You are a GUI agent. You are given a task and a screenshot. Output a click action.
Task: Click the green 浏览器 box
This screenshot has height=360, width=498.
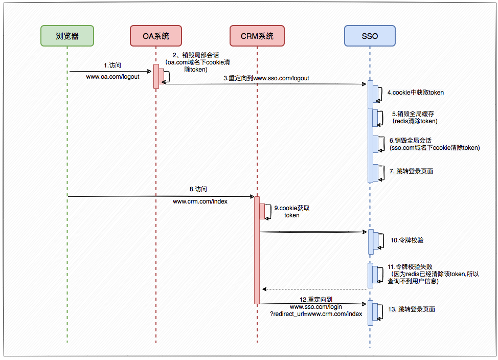coord(67,36)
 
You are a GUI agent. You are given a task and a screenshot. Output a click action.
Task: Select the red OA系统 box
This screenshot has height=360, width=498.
coord(155,36)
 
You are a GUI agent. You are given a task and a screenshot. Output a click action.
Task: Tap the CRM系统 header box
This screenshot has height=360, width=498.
coord(257,36)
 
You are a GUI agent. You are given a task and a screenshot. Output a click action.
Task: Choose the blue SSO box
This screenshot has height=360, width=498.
coord(370,36)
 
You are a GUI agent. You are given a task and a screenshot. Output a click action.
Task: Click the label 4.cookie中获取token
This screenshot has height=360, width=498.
coord(415,93)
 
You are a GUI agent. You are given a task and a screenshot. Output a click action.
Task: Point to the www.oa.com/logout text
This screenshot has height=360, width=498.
coord(112,77)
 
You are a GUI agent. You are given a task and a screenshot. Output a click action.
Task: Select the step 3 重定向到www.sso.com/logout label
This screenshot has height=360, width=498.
coord(266,78)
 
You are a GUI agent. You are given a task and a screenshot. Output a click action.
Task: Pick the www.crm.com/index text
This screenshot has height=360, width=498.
coord(200,201)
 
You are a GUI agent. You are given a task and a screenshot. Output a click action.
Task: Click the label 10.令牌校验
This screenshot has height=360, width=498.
coord(407,240)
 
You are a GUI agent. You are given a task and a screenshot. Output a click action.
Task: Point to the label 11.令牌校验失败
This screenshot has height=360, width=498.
coord(411,266)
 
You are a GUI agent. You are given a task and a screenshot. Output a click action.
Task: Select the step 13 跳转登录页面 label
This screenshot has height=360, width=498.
coord(412,309)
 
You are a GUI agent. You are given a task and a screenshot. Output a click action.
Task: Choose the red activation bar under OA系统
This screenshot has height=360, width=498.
coord(156,76)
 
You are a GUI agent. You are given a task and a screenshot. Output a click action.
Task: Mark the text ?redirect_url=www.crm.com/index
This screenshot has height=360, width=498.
coord(316,313)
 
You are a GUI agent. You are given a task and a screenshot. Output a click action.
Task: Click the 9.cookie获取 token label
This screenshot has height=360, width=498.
coord(292,212)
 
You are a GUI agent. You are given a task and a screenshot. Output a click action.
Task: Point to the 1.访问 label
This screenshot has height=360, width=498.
coord(112,65)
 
